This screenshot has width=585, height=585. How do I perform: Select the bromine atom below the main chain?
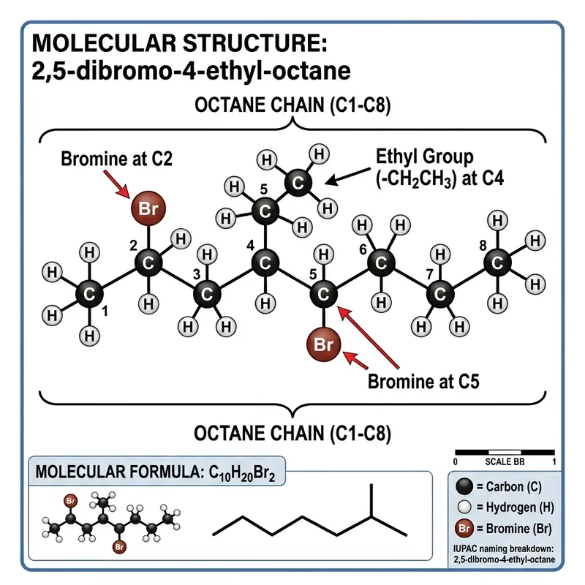tap(322, 344)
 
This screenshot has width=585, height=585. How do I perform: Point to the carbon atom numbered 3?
tap(207, 295)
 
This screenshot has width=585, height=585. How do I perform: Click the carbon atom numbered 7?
tap(439, 295)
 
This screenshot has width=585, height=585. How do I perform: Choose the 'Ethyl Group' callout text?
tap(424, 156)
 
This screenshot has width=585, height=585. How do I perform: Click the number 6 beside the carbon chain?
tap(363, 249)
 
